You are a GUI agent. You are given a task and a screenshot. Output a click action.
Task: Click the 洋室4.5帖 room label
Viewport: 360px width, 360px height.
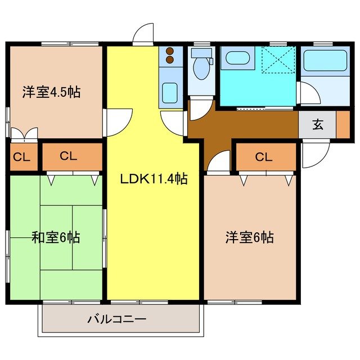51,92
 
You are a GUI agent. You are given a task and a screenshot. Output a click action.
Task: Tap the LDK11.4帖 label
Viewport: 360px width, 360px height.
154,179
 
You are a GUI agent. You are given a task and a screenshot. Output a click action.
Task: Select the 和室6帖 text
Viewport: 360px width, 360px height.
55,237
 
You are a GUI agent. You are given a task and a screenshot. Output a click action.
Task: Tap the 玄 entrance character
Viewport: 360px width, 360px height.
318,125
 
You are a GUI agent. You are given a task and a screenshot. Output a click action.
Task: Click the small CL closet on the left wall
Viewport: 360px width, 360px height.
21,157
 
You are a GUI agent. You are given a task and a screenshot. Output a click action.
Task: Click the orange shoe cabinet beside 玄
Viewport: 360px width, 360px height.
343,125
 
